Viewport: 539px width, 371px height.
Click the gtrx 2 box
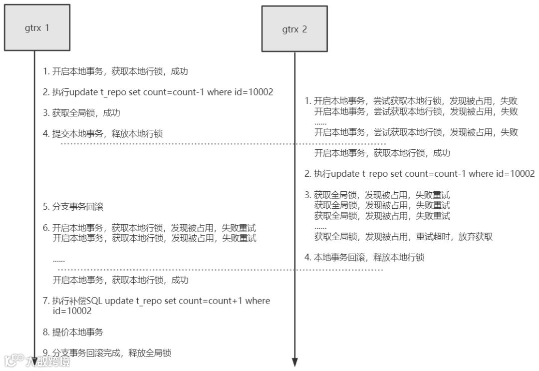294,29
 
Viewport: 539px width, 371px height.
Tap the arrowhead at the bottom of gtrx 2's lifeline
294,362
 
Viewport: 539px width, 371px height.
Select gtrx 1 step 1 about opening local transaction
115,71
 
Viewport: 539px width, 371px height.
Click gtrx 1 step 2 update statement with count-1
158,92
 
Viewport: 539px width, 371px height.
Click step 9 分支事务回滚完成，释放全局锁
107,353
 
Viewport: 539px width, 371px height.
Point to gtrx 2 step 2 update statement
420,174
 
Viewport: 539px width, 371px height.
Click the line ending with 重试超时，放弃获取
403,237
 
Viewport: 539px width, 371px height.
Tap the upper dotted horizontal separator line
223,144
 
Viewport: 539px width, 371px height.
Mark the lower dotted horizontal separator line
220,270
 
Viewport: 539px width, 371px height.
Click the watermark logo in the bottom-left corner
37,360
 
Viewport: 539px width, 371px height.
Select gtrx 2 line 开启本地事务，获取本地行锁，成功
382,153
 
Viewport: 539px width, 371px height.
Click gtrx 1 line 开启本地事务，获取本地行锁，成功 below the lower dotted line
121,280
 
